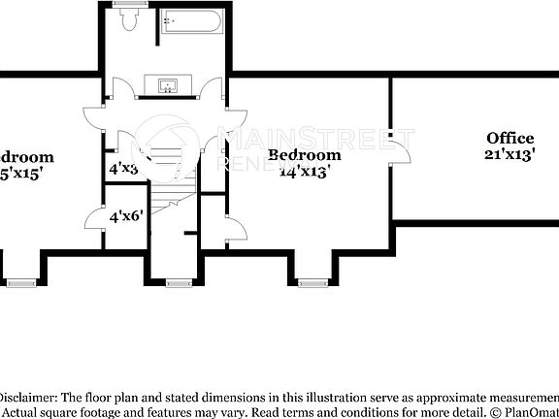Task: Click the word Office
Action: click(x=510, y=139)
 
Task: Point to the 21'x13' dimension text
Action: click(x=510, y=154)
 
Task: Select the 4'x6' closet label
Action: click(x=126, y=217)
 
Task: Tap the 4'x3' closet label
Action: click(x=123, y=167)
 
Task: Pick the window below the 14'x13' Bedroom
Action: click(x=312, y=283)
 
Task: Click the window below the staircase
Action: click(x=177, y=283)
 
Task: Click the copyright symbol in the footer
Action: click(x=494, y=412)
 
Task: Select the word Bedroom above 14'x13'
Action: click(x=305, y=155)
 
